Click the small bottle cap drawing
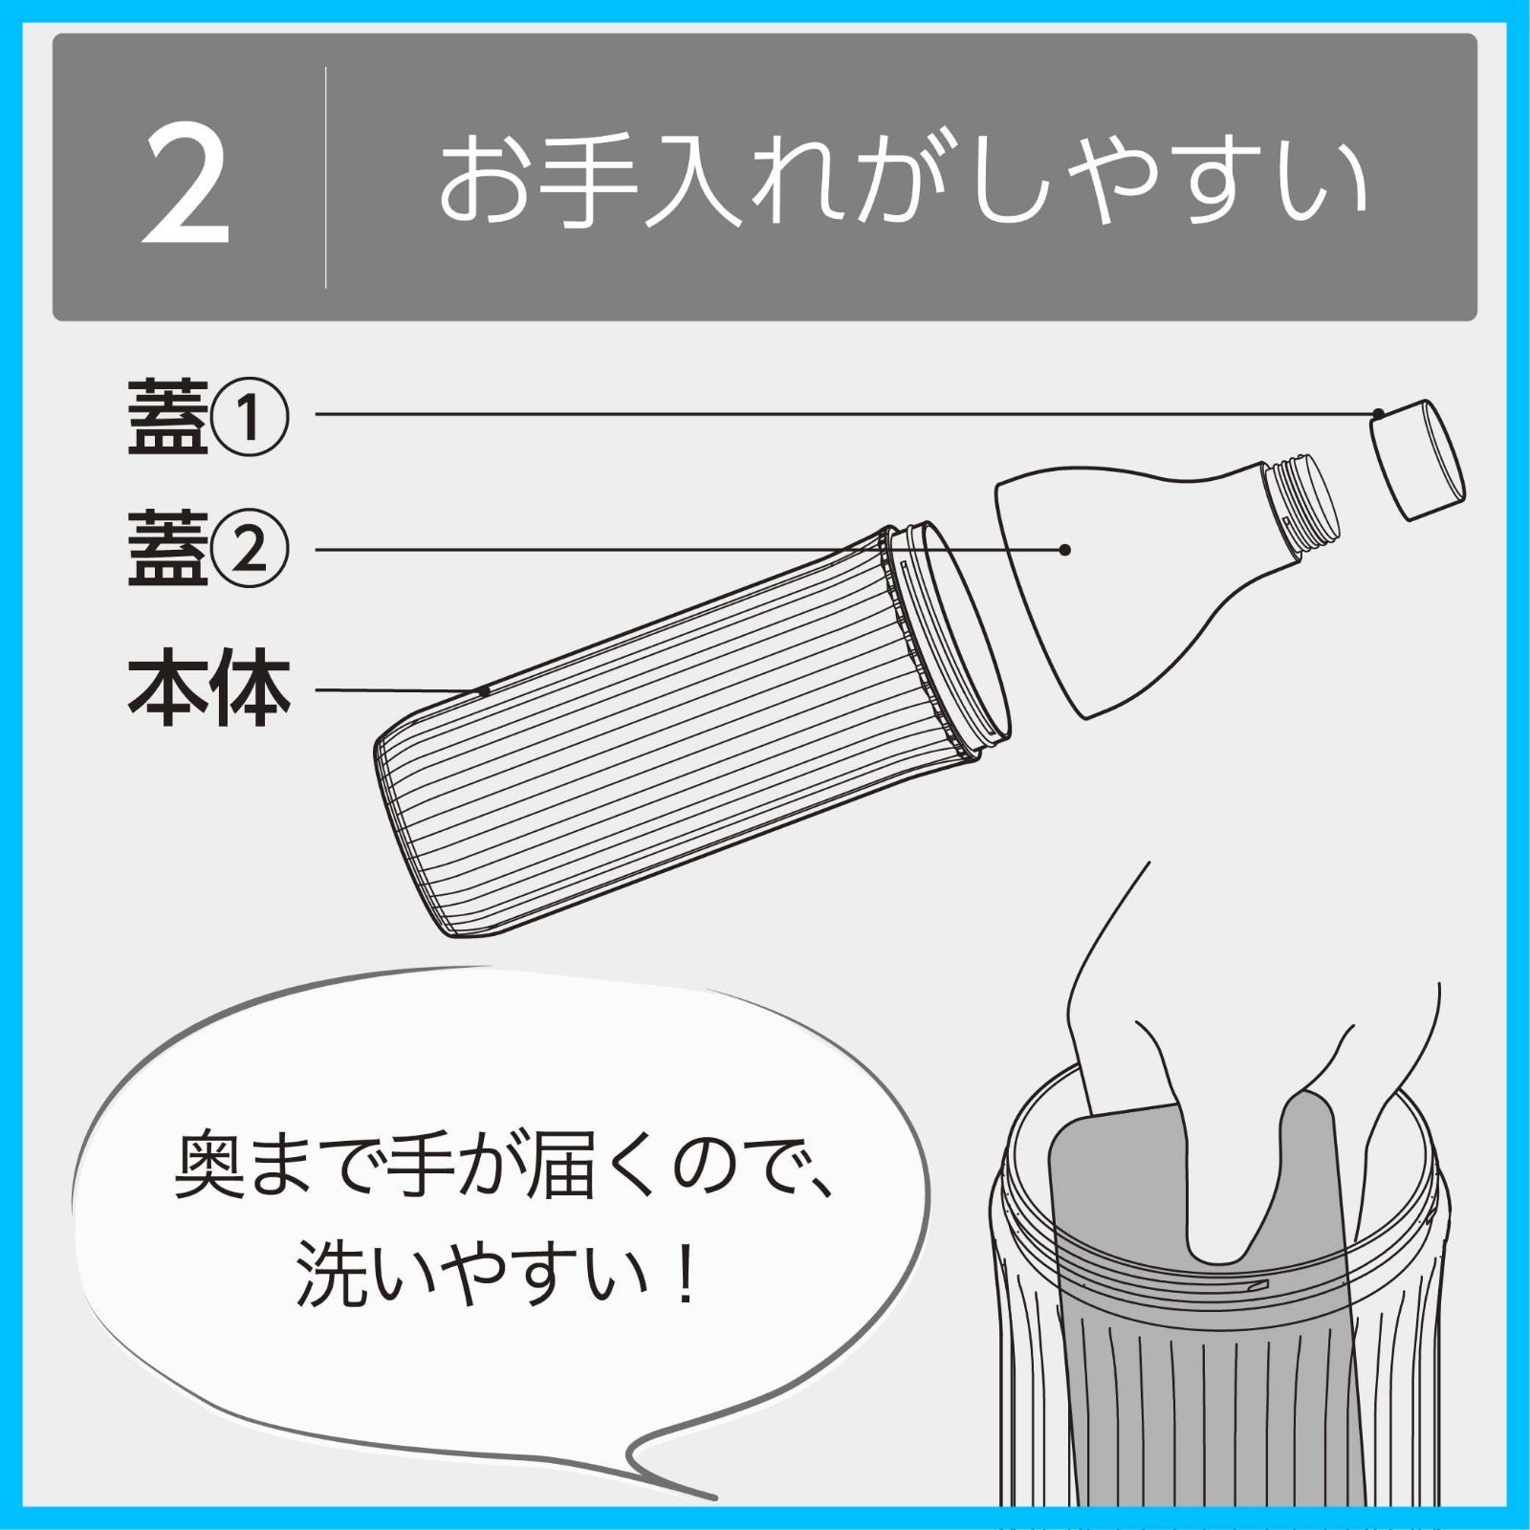tap(1417, 459)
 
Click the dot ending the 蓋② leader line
tap(1064, 550)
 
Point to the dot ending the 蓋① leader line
tap(1378, 413)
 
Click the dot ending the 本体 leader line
tap(485, 689)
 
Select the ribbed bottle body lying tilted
tap(669, 736)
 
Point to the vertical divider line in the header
tap(326, 178)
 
